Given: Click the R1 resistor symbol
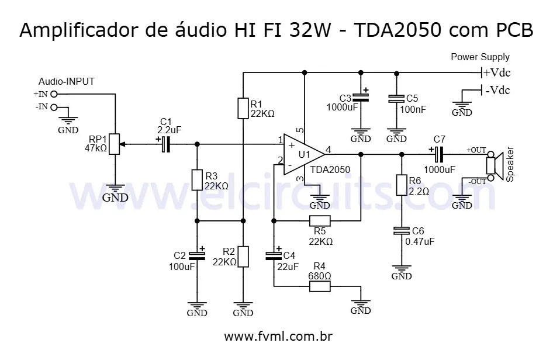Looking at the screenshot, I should [243, 109].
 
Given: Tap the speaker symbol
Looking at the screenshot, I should [496, 165].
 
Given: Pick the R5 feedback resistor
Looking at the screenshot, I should [320, 221].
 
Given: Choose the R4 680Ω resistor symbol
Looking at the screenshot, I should [320, 286].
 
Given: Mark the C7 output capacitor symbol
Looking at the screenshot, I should [438, 154].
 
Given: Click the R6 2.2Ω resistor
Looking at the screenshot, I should [401, 185].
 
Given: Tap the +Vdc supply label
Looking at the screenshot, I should [496, 73].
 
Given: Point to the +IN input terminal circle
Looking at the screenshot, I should [54, 94].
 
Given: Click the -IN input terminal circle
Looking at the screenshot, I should [54, 107].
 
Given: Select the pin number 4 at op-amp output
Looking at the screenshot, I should [329, 150].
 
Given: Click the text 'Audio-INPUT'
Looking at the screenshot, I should [67, 81].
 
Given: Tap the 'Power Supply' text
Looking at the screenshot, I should [480, 57].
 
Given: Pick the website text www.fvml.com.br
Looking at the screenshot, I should [279, 337].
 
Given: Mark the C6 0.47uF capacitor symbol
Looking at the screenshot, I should [401, 231].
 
